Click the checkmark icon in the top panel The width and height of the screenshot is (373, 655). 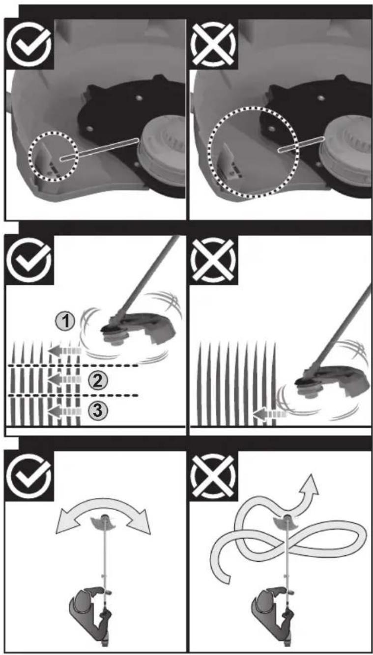click(x=29, y=44)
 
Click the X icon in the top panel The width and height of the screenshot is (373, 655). click(x=213, y=45)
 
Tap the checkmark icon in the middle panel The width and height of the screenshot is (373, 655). click(x=29, y=260)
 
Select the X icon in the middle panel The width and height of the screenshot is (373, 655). click(x=213, y=260)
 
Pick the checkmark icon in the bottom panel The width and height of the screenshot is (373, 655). click(x=29, y=476)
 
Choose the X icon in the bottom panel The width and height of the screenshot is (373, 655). click(x=213, y=476)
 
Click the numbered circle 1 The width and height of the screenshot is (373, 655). click(x=65, y=321)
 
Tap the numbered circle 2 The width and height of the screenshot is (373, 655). click(x=97, y=380)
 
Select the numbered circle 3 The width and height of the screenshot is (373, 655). click(x=97, y=410)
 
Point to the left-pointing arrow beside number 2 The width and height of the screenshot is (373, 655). click(x=65, y=380)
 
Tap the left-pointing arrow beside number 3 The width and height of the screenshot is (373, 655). click(x=65, y=411)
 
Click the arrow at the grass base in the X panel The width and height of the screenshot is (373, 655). click(x=270, y=414)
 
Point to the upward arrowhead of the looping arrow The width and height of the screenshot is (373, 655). click(x=310, y=486)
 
